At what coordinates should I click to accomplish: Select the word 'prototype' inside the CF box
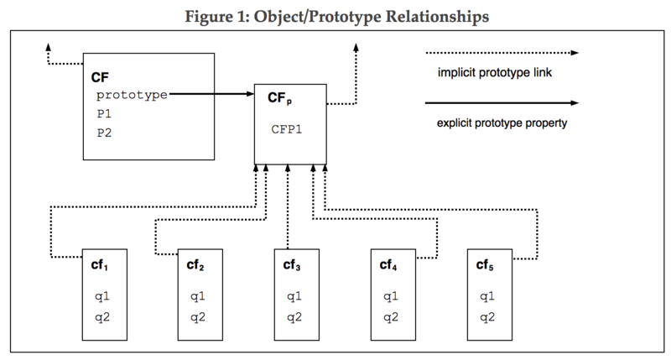(x=131, y=96)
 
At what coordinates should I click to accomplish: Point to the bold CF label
(x=99, y=78)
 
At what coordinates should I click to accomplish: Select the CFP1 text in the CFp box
(x=285, y=130)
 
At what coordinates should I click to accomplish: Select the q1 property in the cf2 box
(x=197, y=296)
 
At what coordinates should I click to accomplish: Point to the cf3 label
(x=293, y=264)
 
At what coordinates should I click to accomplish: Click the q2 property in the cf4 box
(x=389, y=316)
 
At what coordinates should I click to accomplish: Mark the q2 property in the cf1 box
(x=101, y=316)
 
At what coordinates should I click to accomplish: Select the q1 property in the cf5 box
(x=486, y=296)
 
